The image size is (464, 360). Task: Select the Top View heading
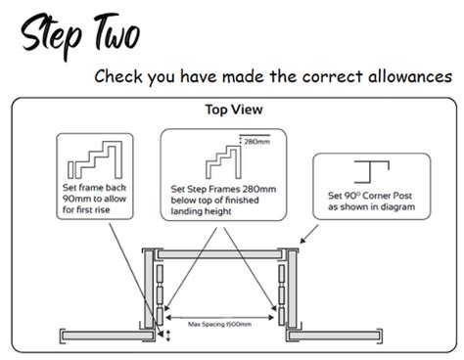point(231,110)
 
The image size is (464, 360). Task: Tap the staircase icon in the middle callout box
point(221,155)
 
